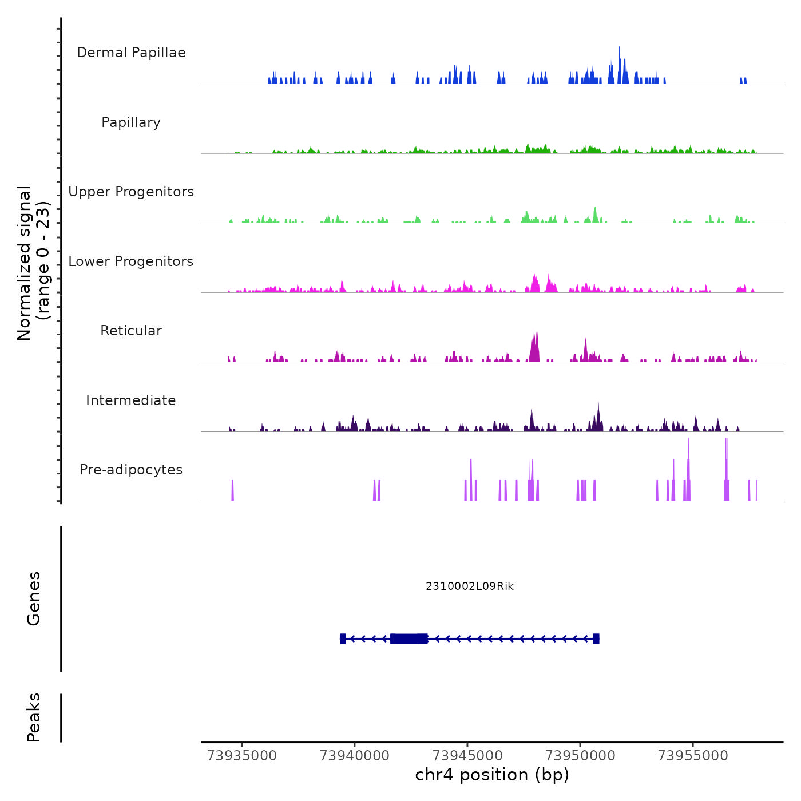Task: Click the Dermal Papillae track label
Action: pos(131,53)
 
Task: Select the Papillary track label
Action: pos(131,122)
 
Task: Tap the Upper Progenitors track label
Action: pos(131,192)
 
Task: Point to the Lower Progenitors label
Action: pos(131,261)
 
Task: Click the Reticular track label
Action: pos(131,331)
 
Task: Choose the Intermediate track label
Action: pos(131,400)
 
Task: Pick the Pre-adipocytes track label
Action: pos(131,470)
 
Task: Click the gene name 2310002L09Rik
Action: pos(470,586)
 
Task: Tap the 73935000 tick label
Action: pos(242,756)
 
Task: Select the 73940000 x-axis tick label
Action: pos(355,756)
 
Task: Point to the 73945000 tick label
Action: pos(467,756)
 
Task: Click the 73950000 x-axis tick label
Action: pos(580,756)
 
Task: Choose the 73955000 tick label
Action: pos(693,756)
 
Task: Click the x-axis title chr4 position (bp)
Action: pos(492,775)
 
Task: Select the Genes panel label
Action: pos(34,598)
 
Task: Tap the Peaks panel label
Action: pos(34,717)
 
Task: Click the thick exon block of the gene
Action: pos(409,639)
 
